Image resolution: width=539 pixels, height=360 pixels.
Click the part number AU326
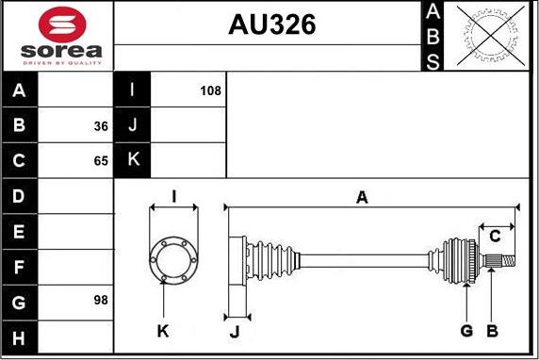pyautogui.click(x=272, y=25)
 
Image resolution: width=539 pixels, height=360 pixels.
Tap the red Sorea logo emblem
pyautogui.click(x=62, y=25)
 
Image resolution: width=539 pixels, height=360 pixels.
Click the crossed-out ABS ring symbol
pyautogui.click(x=491, y=36)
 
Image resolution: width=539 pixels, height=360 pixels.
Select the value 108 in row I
pyautogui.click(x=211, y=90)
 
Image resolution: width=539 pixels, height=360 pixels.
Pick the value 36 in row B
pyautogui.click(x=101, y=126)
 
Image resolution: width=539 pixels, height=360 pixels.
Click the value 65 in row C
pyautogui.click(x=101, y=161)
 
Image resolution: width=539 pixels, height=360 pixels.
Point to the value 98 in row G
pyautogui.click(x=101, y=301)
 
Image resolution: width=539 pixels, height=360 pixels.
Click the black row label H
pyautogui.click(x=20, y=337)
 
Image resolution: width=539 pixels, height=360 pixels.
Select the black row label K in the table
pyautogui.click(x=132, y=159)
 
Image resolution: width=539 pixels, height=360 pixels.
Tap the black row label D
pyautogui.click(x=20, y=196)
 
